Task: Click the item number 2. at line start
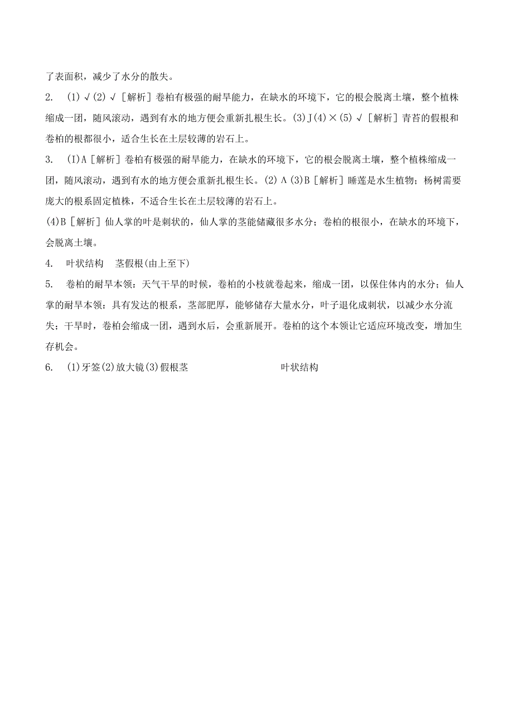point(49,98)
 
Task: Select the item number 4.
point(49,263)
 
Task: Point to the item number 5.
point(49,285)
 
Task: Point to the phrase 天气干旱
point(161,285)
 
